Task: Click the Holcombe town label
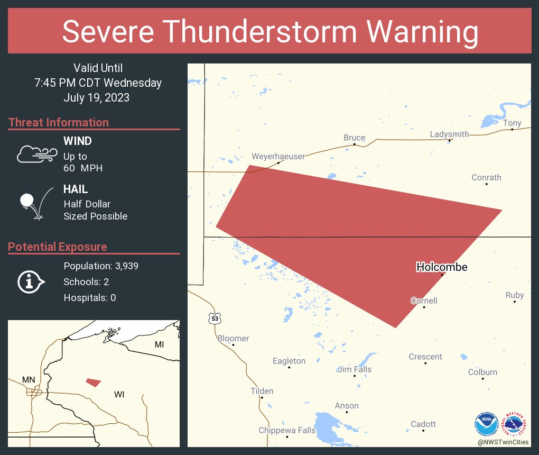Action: [442, 267]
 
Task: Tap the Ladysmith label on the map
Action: [449, 134]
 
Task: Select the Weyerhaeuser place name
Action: [278, 157]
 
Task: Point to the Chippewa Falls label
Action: [286, 430]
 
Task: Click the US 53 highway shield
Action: [214, 319]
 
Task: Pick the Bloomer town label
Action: [233, 338]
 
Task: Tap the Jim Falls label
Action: [355, 369]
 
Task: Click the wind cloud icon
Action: [36, 154]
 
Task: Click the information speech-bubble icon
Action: [31, 281]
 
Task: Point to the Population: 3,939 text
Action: [101, 266]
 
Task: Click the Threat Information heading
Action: [59, 122]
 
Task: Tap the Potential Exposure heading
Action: [58, 247]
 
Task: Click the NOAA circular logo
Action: [486, 424]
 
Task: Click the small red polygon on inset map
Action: [94, 382]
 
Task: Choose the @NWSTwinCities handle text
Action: [503, 442]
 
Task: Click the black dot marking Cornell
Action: [424, 307]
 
